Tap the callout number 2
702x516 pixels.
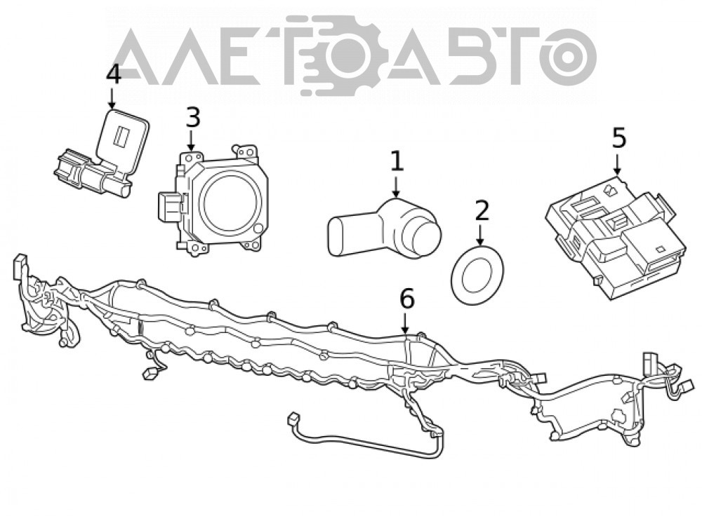[x=482, y=210]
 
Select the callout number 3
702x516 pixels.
[x=192, y=118]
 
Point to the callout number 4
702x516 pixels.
[x=113, y=74]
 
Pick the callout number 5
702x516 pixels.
[x=618, y=138]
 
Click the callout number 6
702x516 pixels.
[x=407, y=299]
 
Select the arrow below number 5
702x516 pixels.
[x=618, y=165]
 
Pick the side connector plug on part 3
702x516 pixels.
[x=168, y=207]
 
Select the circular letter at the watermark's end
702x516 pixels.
[x=569, y=57]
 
